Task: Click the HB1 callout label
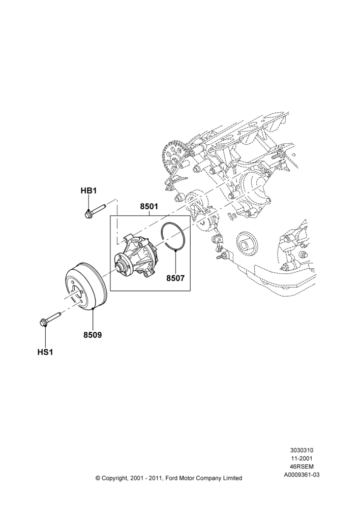coord(88,191)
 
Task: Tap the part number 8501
coord(149,206)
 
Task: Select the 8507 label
coord(175,278)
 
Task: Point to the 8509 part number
coord(93,335)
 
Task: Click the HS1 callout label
coord(45,352)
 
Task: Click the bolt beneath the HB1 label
coord(96,211)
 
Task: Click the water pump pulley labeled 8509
coord(85,285)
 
